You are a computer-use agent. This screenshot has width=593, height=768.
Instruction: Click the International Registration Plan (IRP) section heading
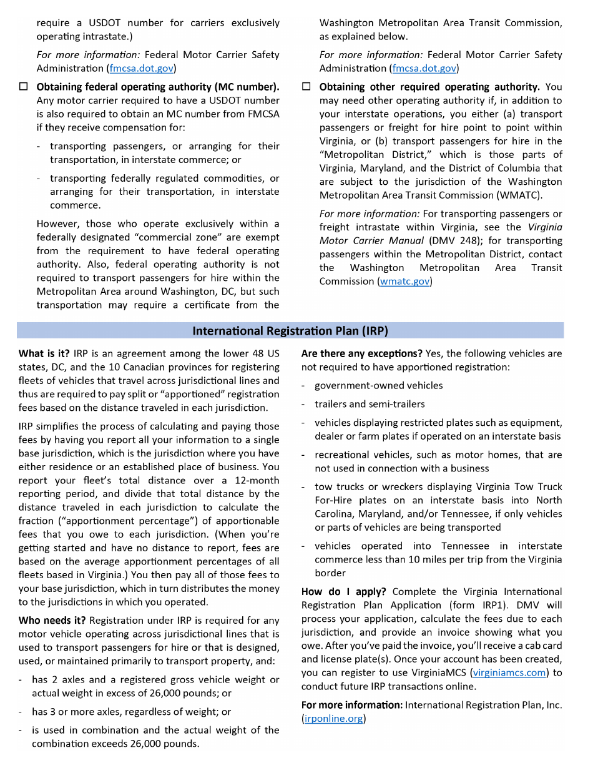coord(290,330)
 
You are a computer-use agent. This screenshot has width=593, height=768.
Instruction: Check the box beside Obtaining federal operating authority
coord(23,87)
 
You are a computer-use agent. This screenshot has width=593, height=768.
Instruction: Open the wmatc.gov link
coord(404,282)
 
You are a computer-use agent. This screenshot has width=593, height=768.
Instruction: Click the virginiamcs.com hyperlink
coord(509,672)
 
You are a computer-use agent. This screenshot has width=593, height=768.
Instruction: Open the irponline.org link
coord(333,719)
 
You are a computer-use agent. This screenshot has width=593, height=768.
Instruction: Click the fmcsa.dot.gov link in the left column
coord(142,68)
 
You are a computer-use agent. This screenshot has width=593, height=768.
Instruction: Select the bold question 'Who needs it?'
coord(52,621)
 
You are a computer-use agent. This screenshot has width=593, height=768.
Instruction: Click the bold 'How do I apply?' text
coord(343,591)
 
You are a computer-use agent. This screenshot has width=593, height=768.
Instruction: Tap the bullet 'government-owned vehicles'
coord(378,386)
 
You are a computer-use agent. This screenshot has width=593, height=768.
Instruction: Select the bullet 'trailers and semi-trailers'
coord(370,404)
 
